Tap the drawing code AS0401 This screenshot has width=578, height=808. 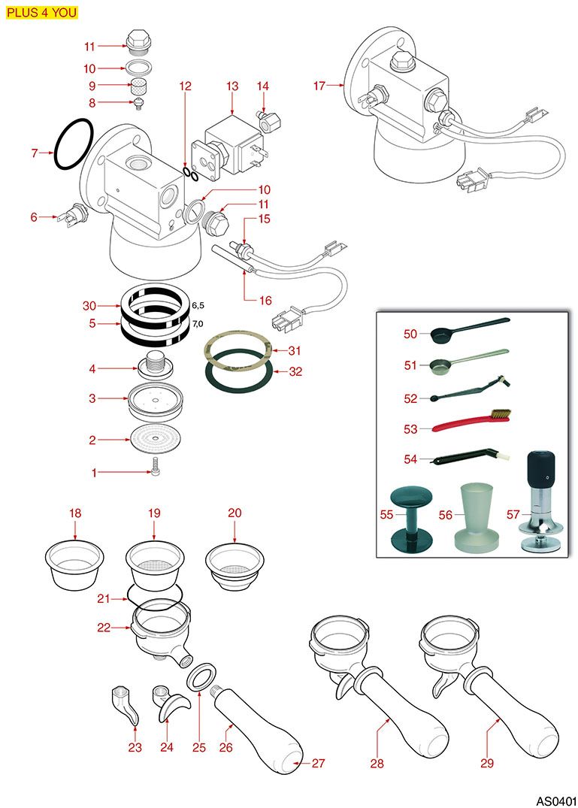(x=555, y=799)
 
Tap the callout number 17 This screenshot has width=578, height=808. (x=319, y=86)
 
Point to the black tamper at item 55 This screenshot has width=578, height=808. (x=411, y=519)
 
